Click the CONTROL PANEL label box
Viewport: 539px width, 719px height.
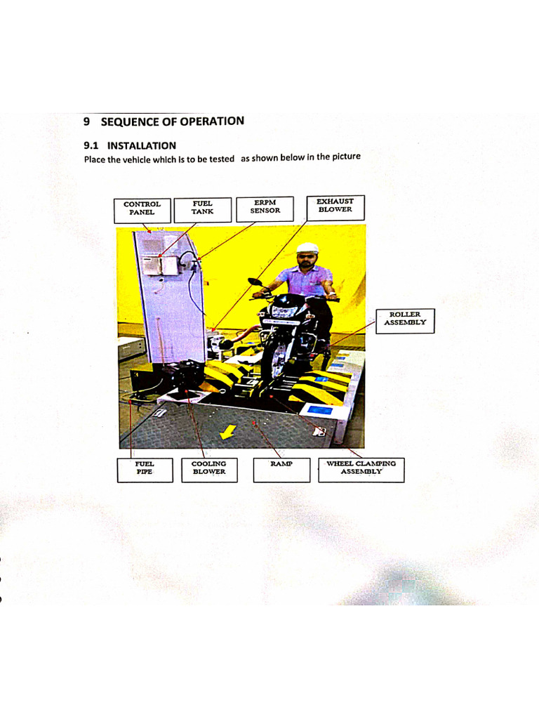click(142, 209)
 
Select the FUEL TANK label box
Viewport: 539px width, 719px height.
click(203, 208)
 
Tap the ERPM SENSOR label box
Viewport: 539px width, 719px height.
click(265, 207)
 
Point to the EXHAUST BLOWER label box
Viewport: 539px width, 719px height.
click(335, 206)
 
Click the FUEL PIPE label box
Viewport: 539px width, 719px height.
click(145, 468)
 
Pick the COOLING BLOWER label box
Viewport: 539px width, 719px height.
click(209, 468)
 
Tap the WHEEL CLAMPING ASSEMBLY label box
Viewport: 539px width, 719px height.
click(361, 468)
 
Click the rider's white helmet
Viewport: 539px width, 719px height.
click(307, 249)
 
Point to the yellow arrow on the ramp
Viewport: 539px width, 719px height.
click(227, 434)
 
